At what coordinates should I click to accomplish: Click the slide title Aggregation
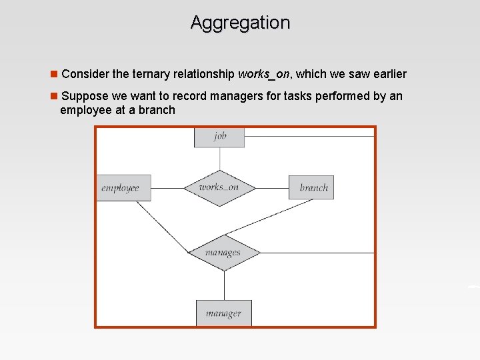click(x=240, y=23)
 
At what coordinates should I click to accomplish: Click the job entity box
click(x=219, y=137)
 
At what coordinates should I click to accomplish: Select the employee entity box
click(x=123, y=187)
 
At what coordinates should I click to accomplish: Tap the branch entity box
click(x=311, y=187)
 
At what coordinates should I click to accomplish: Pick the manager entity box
click(x=223, y=313)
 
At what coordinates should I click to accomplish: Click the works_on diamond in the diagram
click(x=219, y=188)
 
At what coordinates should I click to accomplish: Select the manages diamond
click(x=223, y=253)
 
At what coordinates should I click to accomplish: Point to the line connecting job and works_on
click(x=219, y=159)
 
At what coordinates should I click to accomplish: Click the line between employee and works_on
click(x=167, y=188)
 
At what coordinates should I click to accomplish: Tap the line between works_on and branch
click(x=272, y=188)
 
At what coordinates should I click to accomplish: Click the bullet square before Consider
click(x=55, y=74)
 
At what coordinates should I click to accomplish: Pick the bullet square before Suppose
click(x=55, y=96)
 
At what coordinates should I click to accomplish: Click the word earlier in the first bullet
click(x=388, y=74)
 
